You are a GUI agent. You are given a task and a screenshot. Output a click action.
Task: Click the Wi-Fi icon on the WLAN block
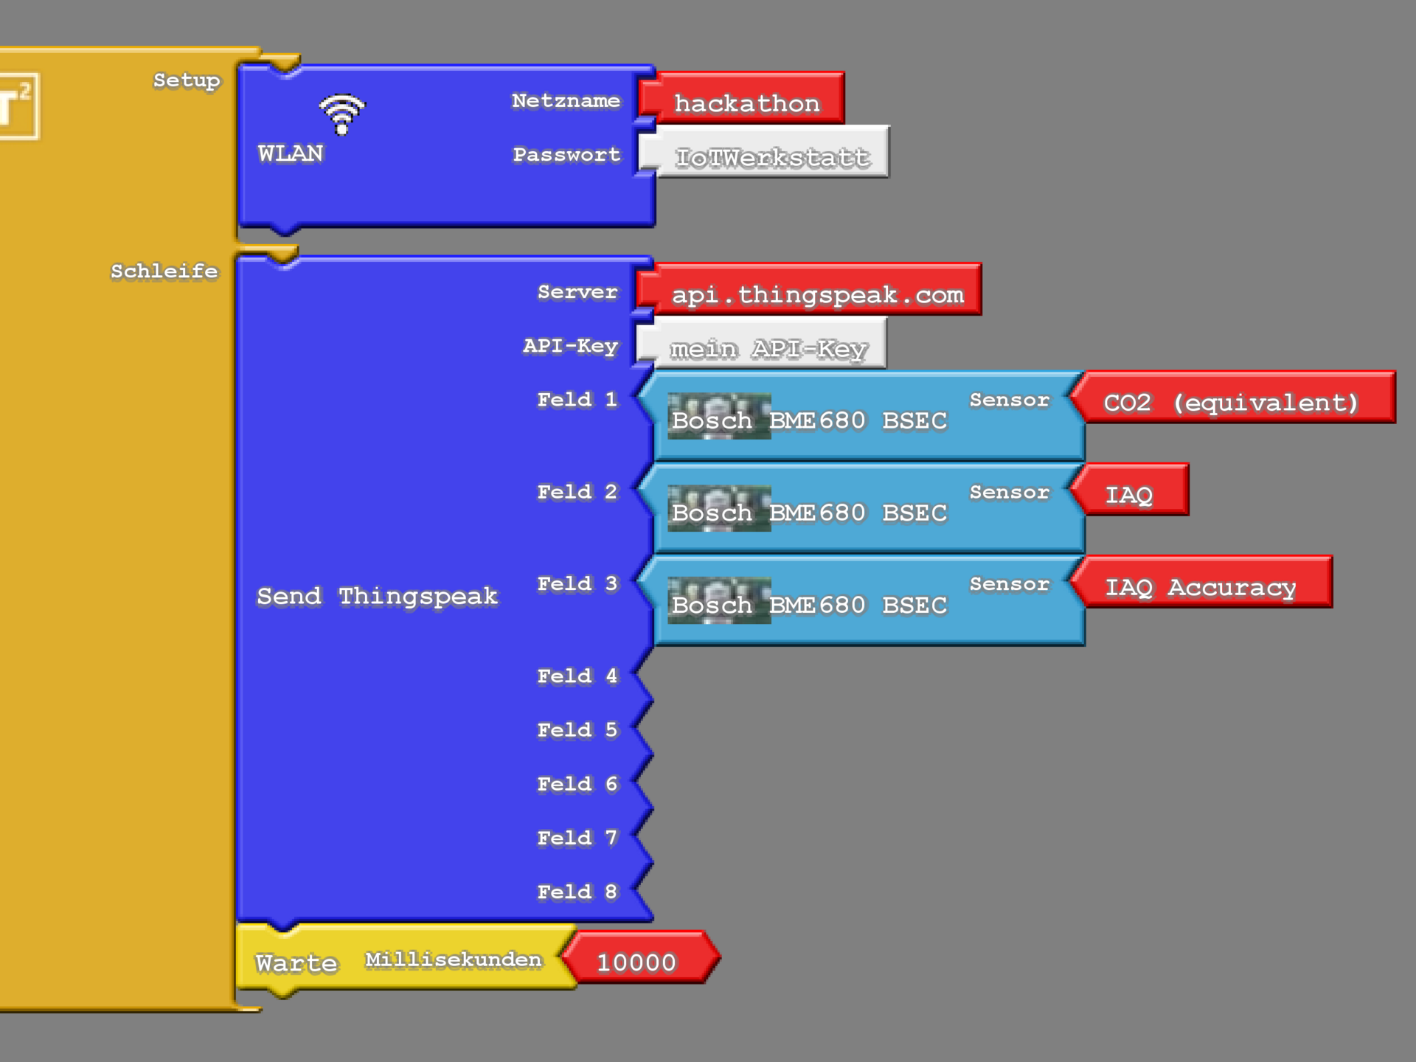coord(342,114)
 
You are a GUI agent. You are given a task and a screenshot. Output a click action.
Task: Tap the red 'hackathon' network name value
coord(746,103)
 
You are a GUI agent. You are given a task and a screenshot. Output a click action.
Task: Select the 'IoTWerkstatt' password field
coord(771,156)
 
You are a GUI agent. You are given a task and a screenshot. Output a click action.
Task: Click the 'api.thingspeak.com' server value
coord(816,294)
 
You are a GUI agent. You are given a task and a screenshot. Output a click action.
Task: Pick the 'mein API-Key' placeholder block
coord(767,347)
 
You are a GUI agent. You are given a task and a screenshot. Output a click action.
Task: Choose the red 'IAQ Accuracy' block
coord(1200,586)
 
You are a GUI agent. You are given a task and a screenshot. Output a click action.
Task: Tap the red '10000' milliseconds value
coord(636,962)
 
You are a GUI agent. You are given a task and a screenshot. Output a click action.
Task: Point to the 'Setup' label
coord(187,80)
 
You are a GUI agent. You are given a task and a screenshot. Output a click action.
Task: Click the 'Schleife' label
coord(164,271)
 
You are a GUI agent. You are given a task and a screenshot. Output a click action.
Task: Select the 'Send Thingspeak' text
coord(377,595)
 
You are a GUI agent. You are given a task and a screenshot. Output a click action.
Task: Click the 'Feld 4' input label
coord(577,676)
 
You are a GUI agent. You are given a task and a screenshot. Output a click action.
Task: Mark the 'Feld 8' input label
coord(577,892)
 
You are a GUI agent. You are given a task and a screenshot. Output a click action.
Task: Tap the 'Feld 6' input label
coord(577,783)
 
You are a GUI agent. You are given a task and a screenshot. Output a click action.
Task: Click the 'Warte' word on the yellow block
coord(296,962)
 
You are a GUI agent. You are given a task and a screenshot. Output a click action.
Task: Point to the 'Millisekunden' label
coord(454,959)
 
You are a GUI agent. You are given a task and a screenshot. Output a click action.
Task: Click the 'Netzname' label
coord(566,100)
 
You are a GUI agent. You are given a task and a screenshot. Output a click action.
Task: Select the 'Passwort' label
coord(566,155)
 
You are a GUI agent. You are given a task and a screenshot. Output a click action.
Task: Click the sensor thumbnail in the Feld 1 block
coord(719,416)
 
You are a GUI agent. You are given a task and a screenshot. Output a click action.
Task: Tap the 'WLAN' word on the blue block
coord(291,153)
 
